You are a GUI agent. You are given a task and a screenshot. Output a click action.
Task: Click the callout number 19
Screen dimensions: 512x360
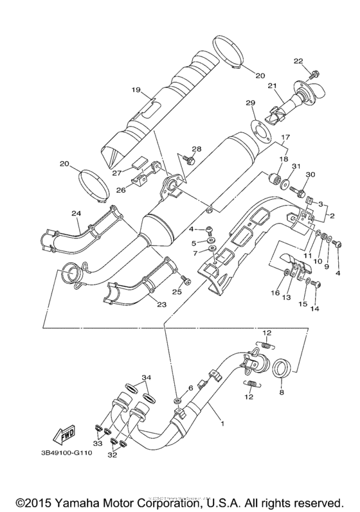tap(136, 91)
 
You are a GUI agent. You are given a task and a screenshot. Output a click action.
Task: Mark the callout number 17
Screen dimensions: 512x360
tap(285, 137)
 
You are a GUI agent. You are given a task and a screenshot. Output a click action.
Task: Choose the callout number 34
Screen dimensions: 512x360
tap(148, 376)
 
